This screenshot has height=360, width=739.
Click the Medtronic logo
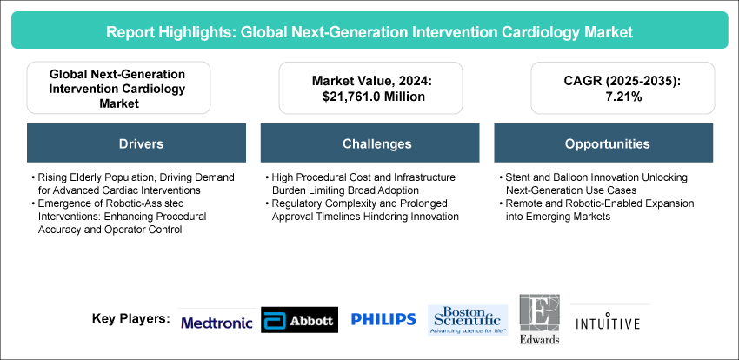click(x=216, y=323)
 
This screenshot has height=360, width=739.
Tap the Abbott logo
click(x=299, y=320)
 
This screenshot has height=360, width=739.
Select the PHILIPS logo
click(x=383, y=319)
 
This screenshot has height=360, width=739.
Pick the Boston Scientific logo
click(x=468, y=320)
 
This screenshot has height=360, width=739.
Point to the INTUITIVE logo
click(x=608, y=323)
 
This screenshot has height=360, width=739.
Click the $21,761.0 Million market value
click(x=370, y=97)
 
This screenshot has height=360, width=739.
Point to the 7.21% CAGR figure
click(x=622, y=97)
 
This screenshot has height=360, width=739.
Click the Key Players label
click(x=131, y=318)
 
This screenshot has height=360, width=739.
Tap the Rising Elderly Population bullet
click(x=132, y=183)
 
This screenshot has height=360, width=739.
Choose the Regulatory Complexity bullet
click(x=362, y=210)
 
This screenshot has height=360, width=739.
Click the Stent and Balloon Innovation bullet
click(x=593, y=183)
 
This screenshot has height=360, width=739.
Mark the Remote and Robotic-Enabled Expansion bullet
click(x=596, y=210)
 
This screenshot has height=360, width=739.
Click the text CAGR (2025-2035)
click(x=622, y=81)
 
